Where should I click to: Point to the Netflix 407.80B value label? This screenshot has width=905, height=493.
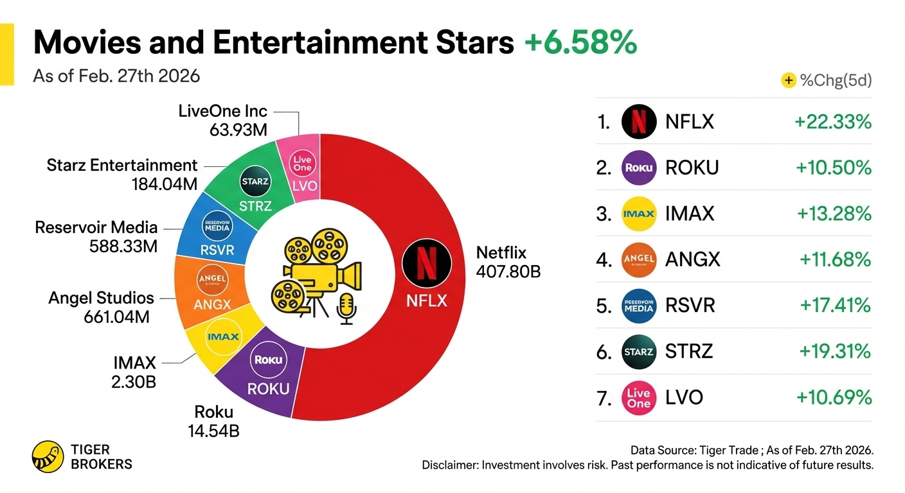508,262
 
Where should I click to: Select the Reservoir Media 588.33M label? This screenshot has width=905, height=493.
96,236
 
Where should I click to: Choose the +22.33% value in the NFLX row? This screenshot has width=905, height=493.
833,121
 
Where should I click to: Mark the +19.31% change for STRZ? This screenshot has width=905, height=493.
835,351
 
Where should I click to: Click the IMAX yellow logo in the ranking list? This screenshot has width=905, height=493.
639,213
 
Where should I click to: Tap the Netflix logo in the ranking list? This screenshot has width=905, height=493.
639,121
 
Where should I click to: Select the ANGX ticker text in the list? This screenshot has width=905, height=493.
693,259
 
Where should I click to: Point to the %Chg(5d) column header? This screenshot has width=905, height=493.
835,81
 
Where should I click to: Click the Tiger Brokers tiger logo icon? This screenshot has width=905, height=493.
48,456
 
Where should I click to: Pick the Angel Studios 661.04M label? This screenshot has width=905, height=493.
102,307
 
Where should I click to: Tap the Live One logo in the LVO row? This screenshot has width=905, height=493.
639,397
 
